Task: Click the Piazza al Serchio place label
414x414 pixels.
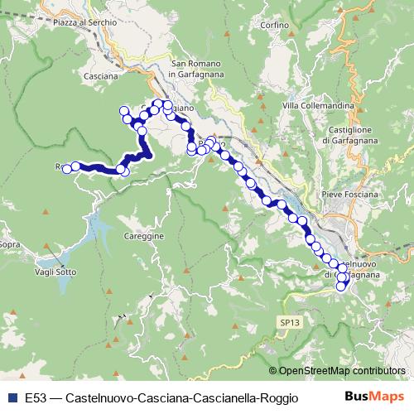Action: [x=82, y=22]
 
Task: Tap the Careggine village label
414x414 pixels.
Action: [x=148, y=236]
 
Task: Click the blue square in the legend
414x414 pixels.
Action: [x=12, y=397]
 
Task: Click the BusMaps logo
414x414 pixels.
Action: [x=374, y=397]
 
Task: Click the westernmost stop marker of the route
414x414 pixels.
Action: [x=66, y=166]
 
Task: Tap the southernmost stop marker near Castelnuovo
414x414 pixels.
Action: [x=340, y=286]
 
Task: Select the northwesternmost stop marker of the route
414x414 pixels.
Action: [x=125, y=111]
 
